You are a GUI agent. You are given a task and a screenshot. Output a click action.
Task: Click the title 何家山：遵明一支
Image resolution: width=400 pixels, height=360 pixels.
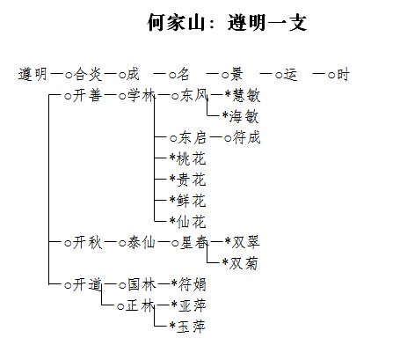point(227,22)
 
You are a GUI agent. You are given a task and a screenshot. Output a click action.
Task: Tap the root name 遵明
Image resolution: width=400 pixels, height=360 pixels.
point(33,74)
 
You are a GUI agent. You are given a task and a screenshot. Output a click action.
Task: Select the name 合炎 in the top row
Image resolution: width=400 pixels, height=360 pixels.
point(87,74)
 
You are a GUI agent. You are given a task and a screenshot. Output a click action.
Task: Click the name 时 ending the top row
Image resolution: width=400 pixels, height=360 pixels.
point(343,74)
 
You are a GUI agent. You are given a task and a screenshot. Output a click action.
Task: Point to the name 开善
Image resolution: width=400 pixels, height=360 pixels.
point(87,96)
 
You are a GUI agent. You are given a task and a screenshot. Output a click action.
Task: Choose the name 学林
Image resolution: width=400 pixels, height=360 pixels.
point(141,96)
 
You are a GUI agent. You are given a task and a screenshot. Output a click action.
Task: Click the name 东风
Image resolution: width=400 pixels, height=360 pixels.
point(193,96)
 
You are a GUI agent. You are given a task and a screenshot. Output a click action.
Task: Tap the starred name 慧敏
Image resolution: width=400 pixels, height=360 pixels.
point(246,96)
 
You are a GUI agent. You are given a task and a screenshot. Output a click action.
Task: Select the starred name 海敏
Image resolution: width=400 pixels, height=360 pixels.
point(244,116)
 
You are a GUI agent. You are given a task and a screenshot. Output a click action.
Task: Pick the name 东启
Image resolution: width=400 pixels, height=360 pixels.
point(192,138)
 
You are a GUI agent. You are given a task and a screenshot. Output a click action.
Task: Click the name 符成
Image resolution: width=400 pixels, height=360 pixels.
point(246,138)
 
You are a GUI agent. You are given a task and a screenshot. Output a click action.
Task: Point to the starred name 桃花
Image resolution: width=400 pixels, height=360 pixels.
point(192,158)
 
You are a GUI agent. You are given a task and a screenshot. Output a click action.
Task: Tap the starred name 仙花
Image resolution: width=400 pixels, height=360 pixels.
point(192,222)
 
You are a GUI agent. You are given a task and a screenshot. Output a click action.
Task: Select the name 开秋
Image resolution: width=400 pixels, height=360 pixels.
point(87,243)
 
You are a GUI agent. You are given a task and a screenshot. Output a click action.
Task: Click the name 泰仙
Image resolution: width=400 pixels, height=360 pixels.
point(141,243)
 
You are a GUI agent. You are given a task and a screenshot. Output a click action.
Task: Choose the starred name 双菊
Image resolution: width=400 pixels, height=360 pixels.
point(244,263)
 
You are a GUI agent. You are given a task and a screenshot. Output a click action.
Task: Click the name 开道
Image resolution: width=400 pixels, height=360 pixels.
point(87,284)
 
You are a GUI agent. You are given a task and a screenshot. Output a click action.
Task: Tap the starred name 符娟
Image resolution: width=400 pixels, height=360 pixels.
point(193,284)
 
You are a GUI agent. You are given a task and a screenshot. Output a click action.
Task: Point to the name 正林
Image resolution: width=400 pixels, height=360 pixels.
point(140,306)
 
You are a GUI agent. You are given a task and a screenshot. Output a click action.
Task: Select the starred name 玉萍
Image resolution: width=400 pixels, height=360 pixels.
point(191,327)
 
